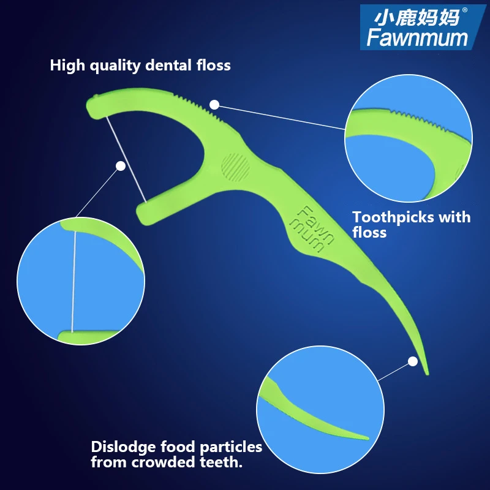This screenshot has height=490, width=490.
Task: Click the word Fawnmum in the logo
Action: coord(417,37)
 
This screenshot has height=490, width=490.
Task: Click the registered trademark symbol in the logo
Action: coord(464,9)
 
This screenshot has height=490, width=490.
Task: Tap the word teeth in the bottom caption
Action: coord(221,462)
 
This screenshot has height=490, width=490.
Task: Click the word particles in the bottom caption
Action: coord(229,447)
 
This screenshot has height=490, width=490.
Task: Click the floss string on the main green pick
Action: coord(126,157)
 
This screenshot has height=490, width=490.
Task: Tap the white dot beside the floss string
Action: coord(121,165)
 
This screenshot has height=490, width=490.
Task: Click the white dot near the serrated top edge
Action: coord(214,105)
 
